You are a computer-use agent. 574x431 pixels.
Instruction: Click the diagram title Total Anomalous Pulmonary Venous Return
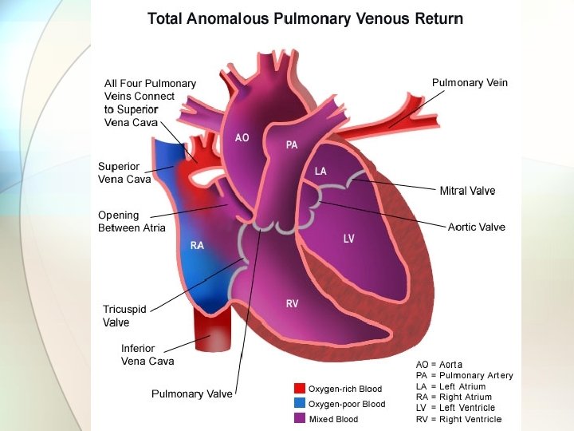coord(305,18)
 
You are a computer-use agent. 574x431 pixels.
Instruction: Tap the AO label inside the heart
coord(242,137)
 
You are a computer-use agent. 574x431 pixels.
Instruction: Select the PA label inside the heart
coord(292,144)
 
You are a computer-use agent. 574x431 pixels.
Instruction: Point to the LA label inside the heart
coord(320,171)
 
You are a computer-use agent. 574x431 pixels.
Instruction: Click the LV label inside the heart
coord(348,239)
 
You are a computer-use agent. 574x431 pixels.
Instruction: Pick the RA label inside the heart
coord(197,245)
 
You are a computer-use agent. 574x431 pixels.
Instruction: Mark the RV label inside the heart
coord(293,303)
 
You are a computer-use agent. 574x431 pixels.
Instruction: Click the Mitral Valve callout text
coord(467,191)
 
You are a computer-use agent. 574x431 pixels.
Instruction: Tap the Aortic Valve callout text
coord(476,227)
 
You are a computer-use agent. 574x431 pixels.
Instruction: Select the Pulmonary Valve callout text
coord(192,393)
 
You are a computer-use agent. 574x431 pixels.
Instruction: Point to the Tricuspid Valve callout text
coord(116,316)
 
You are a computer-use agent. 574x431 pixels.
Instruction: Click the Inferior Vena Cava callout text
coord(147,354)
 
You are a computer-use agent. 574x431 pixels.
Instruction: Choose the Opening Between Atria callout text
coord(132,221)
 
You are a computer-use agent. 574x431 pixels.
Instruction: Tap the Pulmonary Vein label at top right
coord(470,82)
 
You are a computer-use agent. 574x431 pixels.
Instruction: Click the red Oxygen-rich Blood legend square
coord(300,389)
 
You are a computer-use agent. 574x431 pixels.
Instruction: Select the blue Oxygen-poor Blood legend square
coord(300,403)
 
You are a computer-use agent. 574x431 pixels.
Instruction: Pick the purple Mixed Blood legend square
coord(300,418)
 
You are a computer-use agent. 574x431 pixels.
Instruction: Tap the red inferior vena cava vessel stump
coord(210,331)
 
